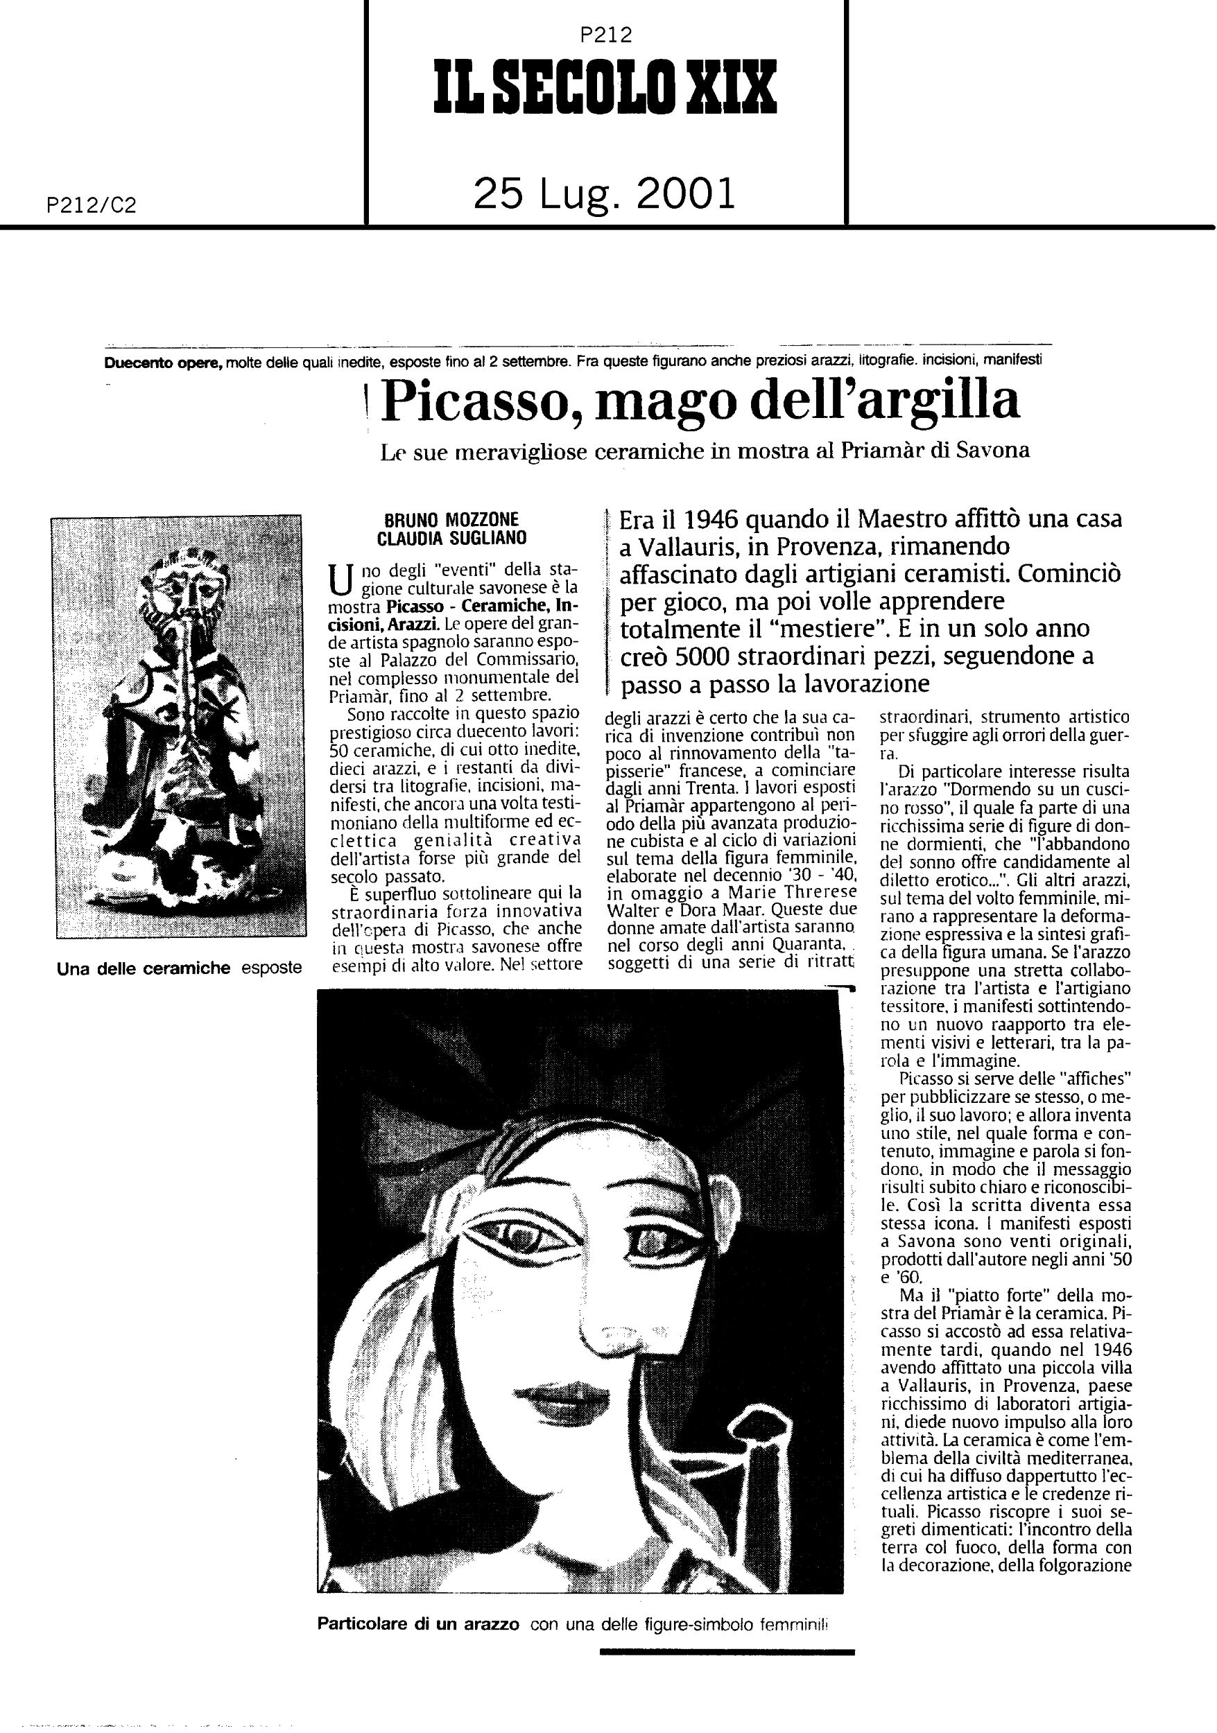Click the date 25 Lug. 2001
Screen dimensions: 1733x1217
point(604,194)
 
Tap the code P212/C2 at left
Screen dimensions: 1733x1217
point(91,205)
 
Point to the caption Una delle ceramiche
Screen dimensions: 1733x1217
point(144,968)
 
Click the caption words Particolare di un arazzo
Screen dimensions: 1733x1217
point(418,1624)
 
